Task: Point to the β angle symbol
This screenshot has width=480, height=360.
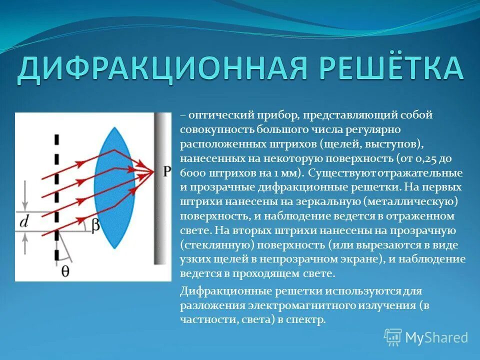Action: pos(95,225)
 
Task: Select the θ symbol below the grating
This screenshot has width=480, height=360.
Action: pos(65,270)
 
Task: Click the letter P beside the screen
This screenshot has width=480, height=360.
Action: pos(166,171)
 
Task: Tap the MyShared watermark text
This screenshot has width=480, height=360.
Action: pos(436,338)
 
